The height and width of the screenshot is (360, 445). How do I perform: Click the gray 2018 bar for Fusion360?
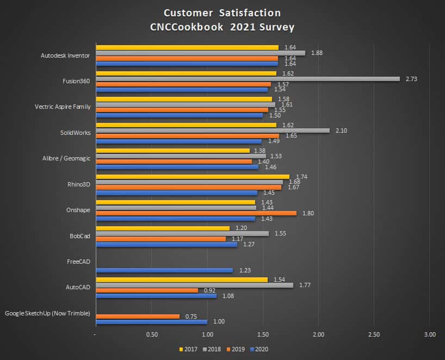point(248,79)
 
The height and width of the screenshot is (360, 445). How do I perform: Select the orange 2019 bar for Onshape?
point(196,213)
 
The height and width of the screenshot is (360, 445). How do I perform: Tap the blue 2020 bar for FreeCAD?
point(164,270)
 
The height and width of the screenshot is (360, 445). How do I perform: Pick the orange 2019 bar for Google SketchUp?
point(138,316)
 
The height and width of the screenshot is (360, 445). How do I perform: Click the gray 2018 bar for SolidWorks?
point(213,131)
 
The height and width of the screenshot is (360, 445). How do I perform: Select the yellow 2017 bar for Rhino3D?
point(193,176)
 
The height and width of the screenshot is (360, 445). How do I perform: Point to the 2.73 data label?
point(411,79)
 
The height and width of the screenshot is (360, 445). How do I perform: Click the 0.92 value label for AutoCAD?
point(209,290)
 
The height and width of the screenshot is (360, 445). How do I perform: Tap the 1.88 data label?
point(317,53)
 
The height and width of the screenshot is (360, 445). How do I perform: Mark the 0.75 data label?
point(191,316)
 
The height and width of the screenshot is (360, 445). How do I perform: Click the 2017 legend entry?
point(187,349)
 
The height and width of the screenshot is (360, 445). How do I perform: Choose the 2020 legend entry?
point(259,349)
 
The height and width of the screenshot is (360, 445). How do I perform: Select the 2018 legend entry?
point(211,349)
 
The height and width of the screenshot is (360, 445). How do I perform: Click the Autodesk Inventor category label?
point(65,55)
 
